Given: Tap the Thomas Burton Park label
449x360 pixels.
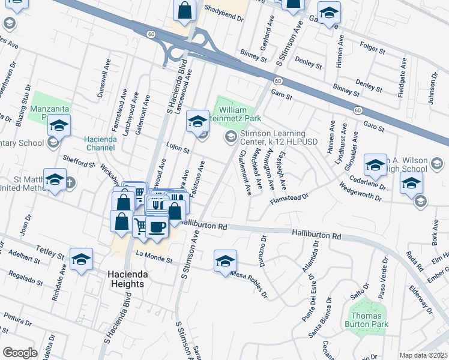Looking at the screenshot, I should pyautogui.click(x=367, y=320).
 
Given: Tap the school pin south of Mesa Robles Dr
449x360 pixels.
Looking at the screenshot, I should pyautogui.click(x=225, y=261).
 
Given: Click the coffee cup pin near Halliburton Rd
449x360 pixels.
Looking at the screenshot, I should pyautogui.click(x=157, y=227).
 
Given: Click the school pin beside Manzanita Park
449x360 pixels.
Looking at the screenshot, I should pyautogui.click(x=59, y=125).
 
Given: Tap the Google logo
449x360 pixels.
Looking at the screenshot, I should pyautogui.click(x=20, y=353).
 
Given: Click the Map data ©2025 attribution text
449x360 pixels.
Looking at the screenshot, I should pyautogui.click(x=423, y=355).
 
